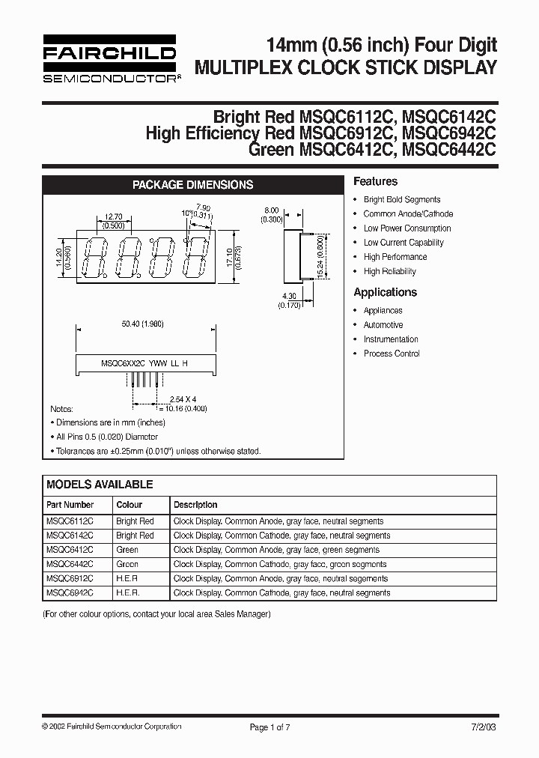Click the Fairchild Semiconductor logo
click(x=109, y=58)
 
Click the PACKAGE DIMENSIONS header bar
click(x=192, y=184)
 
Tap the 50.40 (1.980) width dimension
click(x=142, y=324)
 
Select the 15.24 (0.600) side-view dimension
click(x=321, y=258)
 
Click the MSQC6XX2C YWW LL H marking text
click(x=144, y=363)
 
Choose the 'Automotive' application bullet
click(x=383, y=325)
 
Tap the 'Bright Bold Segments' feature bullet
click(x=402, y=200)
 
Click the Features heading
click(x=375, y=181)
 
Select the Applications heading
click(x=385, y=292)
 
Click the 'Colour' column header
click(x=129, y=505)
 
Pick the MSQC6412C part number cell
click(x=70, y=550)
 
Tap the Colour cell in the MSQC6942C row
click(x=127, y=592)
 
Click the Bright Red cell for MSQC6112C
click(x=135, y=521)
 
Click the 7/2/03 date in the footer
click(x=483, y=727)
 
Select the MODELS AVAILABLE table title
click(x=100, y=485)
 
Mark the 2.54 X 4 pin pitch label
click(x=183, y=400)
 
